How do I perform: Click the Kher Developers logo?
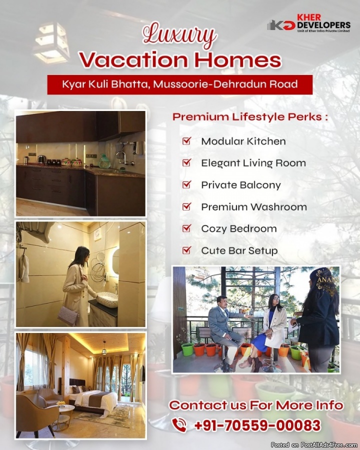point(308,22)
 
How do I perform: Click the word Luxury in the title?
point(180,35)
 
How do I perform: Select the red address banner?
point(179,84)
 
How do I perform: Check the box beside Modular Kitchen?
point(186,141)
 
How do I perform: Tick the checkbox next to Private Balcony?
point(186,184)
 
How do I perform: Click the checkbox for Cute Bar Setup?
point(186,250)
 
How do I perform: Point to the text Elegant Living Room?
point(253,163)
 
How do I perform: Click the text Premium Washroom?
point(254,207)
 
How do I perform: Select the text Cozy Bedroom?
point(239,228)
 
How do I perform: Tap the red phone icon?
point(179,425)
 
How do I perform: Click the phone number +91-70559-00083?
point(257,425)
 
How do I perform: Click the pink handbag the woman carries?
point(68,315)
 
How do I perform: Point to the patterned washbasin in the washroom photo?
point(107,299)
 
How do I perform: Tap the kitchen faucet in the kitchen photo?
point(122,156)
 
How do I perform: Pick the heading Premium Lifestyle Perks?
point(250,117)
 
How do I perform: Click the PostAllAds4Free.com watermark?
point(314,445)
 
